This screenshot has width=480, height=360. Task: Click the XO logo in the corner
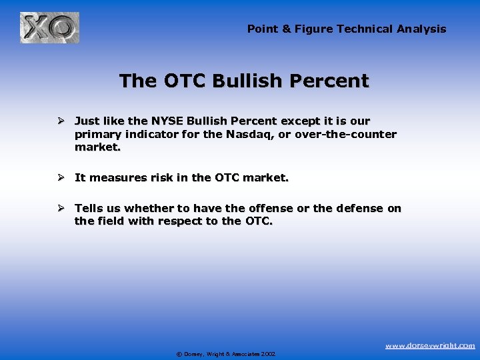(x=49, y=28)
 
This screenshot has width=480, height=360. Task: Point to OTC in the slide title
(x=181, y=81)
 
